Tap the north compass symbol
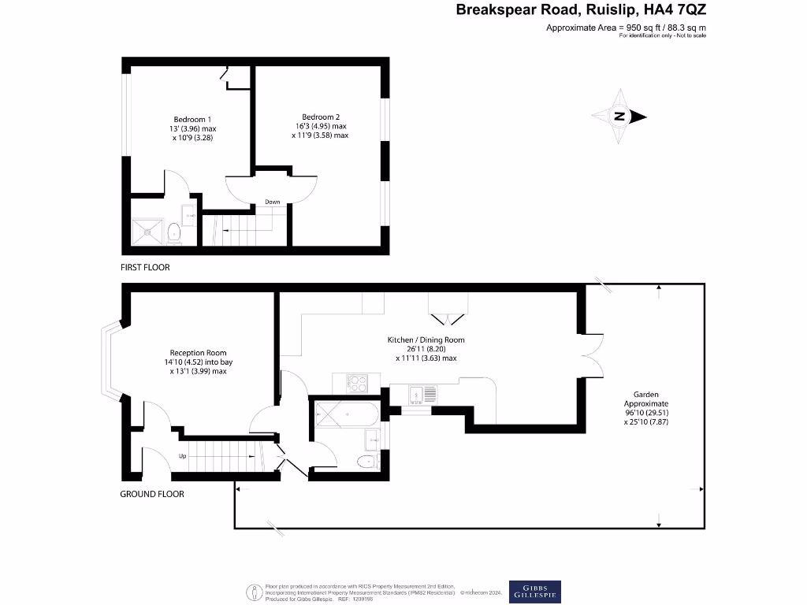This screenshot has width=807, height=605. pyautogui.click(x=619, y=117)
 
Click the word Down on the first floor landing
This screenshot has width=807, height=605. pyautogui.click(x=272, y=202)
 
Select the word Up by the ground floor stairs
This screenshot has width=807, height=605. pyautogui.click(x=182, y=456)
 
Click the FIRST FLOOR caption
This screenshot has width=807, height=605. pyautogui.click(x=145, y=268)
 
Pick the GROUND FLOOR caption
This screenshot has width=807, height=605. pyautogui.click(x=152, y=494)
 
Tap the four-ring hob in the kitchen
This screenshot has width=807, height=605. pyautogui.click(x=358, y=383)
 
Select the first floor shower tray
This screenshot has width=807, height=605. pyautogui.click(x=147, y=230)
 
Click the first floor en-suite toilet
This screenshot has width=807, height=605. pyautogui.click(x=173, y=232)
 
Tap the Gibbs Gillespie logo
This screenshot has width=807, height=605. pyautogui.click(x=534, y=591)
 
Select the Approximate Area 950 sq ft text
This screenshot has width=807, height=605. pyautogui.click(x=627, y=28)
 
